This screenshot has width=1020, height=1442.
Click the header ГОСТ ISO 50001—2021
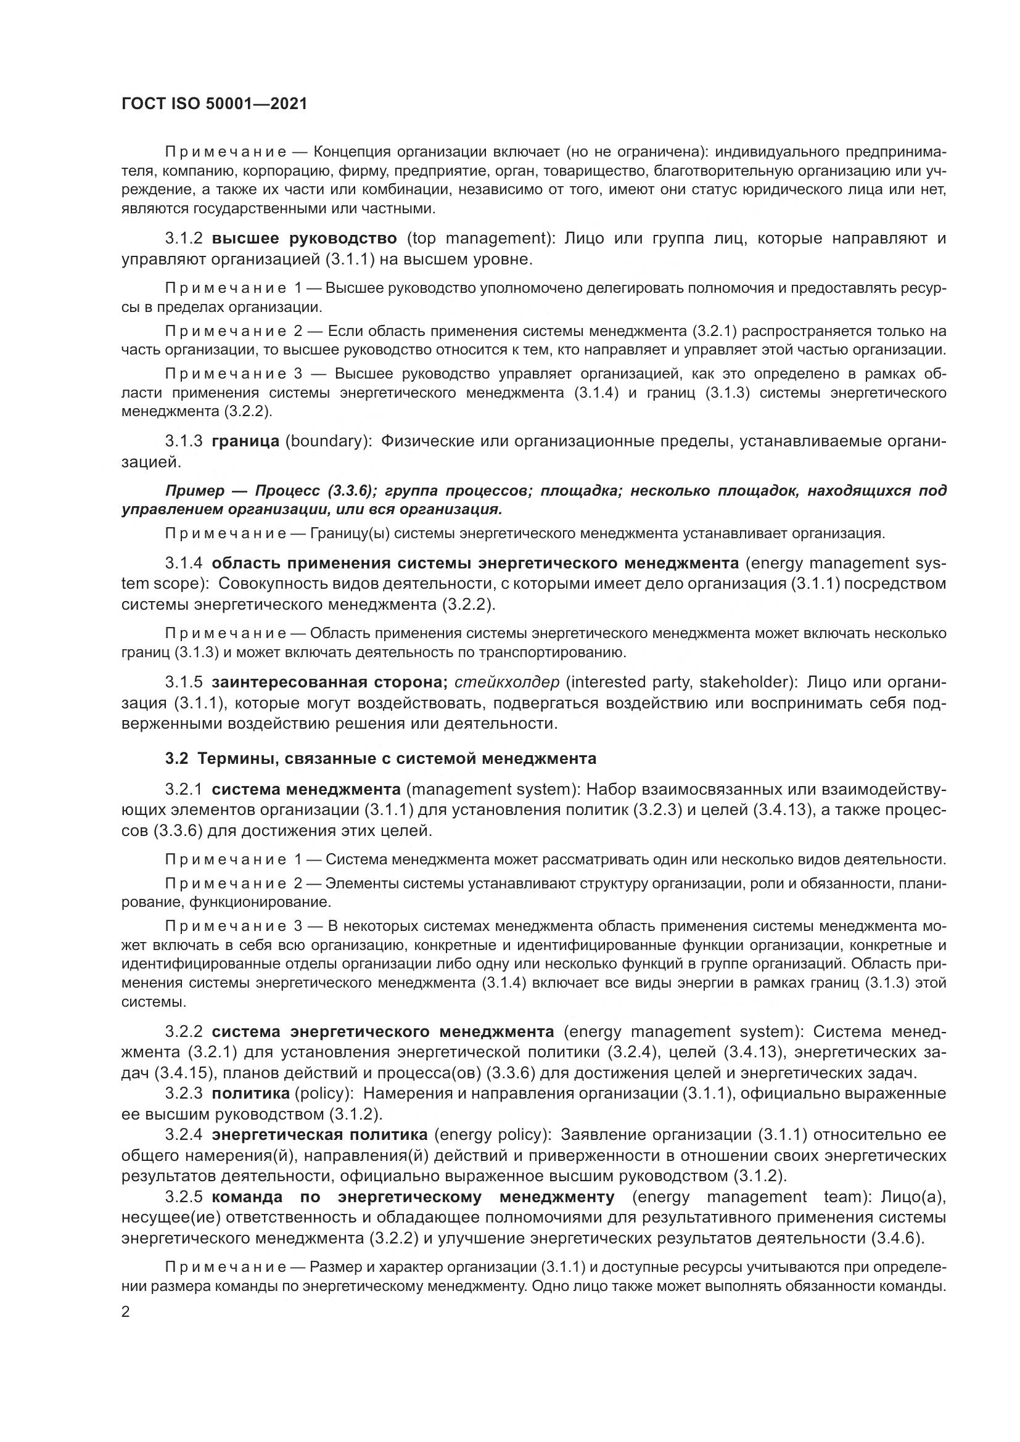coord(214,104)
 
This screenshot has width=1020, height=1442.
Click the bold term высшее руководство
coord(304,239)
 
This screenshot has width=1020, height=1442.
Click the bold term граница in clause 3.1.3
coord(245,441)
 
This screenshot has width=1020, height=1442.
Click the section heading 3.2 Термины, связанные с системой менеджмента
coord(380,759)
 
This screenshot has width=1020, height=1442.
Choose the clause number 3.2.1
coord(183,790)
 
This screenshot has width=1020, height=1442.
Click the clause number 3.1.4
coord(183,563)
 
